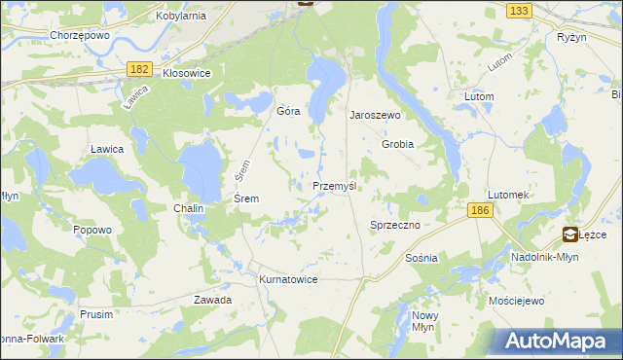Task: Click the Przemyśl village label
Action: point(338,186)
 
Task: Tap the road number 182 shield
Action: point(139,67)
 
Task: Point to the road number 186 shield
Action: point(478,210)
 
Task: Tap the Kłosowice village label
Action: point(187,73)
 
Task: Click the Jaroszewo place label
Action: point(376,114)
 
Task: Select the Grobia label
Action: point(398,144)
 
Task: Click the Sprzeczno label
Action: point(394,225)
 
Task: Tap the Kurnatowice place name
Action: point(288,279)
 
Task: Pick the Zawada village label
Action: point(212,300)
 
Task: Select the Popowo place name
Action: point(92,230)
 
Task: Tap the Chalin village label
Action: point(189,209)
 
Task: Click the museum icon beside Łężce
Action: point(570,234)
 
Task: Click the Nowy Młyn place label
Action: point(425,321)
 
